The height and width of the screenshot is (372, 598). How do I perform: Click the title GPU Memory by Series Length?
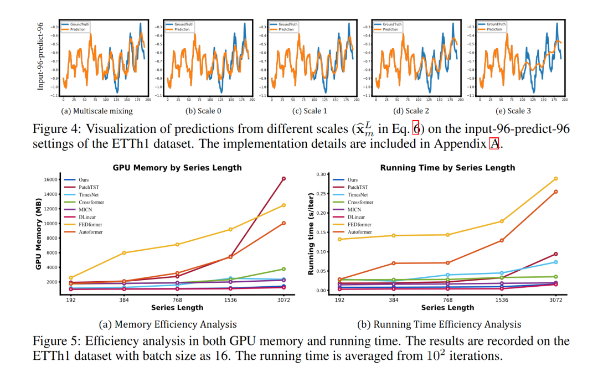(x=177, y=167)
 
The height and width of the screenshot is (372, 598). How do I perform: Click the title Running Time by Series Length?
(x=447, y=167)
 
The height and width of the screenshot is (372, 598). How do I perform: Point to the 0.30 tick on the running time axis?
(x=321, y=174)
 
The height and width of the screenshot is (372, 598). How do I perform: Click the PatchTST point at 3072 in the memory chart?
(x=283, y=179)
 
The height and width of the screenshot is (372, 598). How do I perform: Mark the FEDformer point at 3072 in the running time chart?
(x=555, y=179)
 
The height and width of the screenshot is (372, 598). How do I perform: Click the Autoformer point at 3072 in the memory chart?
(x=283, y=223)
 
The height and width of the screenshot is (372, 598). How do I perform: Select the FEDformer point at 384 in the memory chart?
(x=124, y=252)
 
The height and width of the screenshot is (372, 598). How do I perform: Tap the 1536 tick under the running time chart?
(x=502, y=299)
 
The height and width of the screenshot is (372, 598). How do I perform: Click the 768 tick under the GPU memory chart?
(x=177, y=299)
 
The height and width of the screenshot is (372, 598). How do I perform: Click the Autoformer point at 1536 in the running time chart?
(x=502, y=240)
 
